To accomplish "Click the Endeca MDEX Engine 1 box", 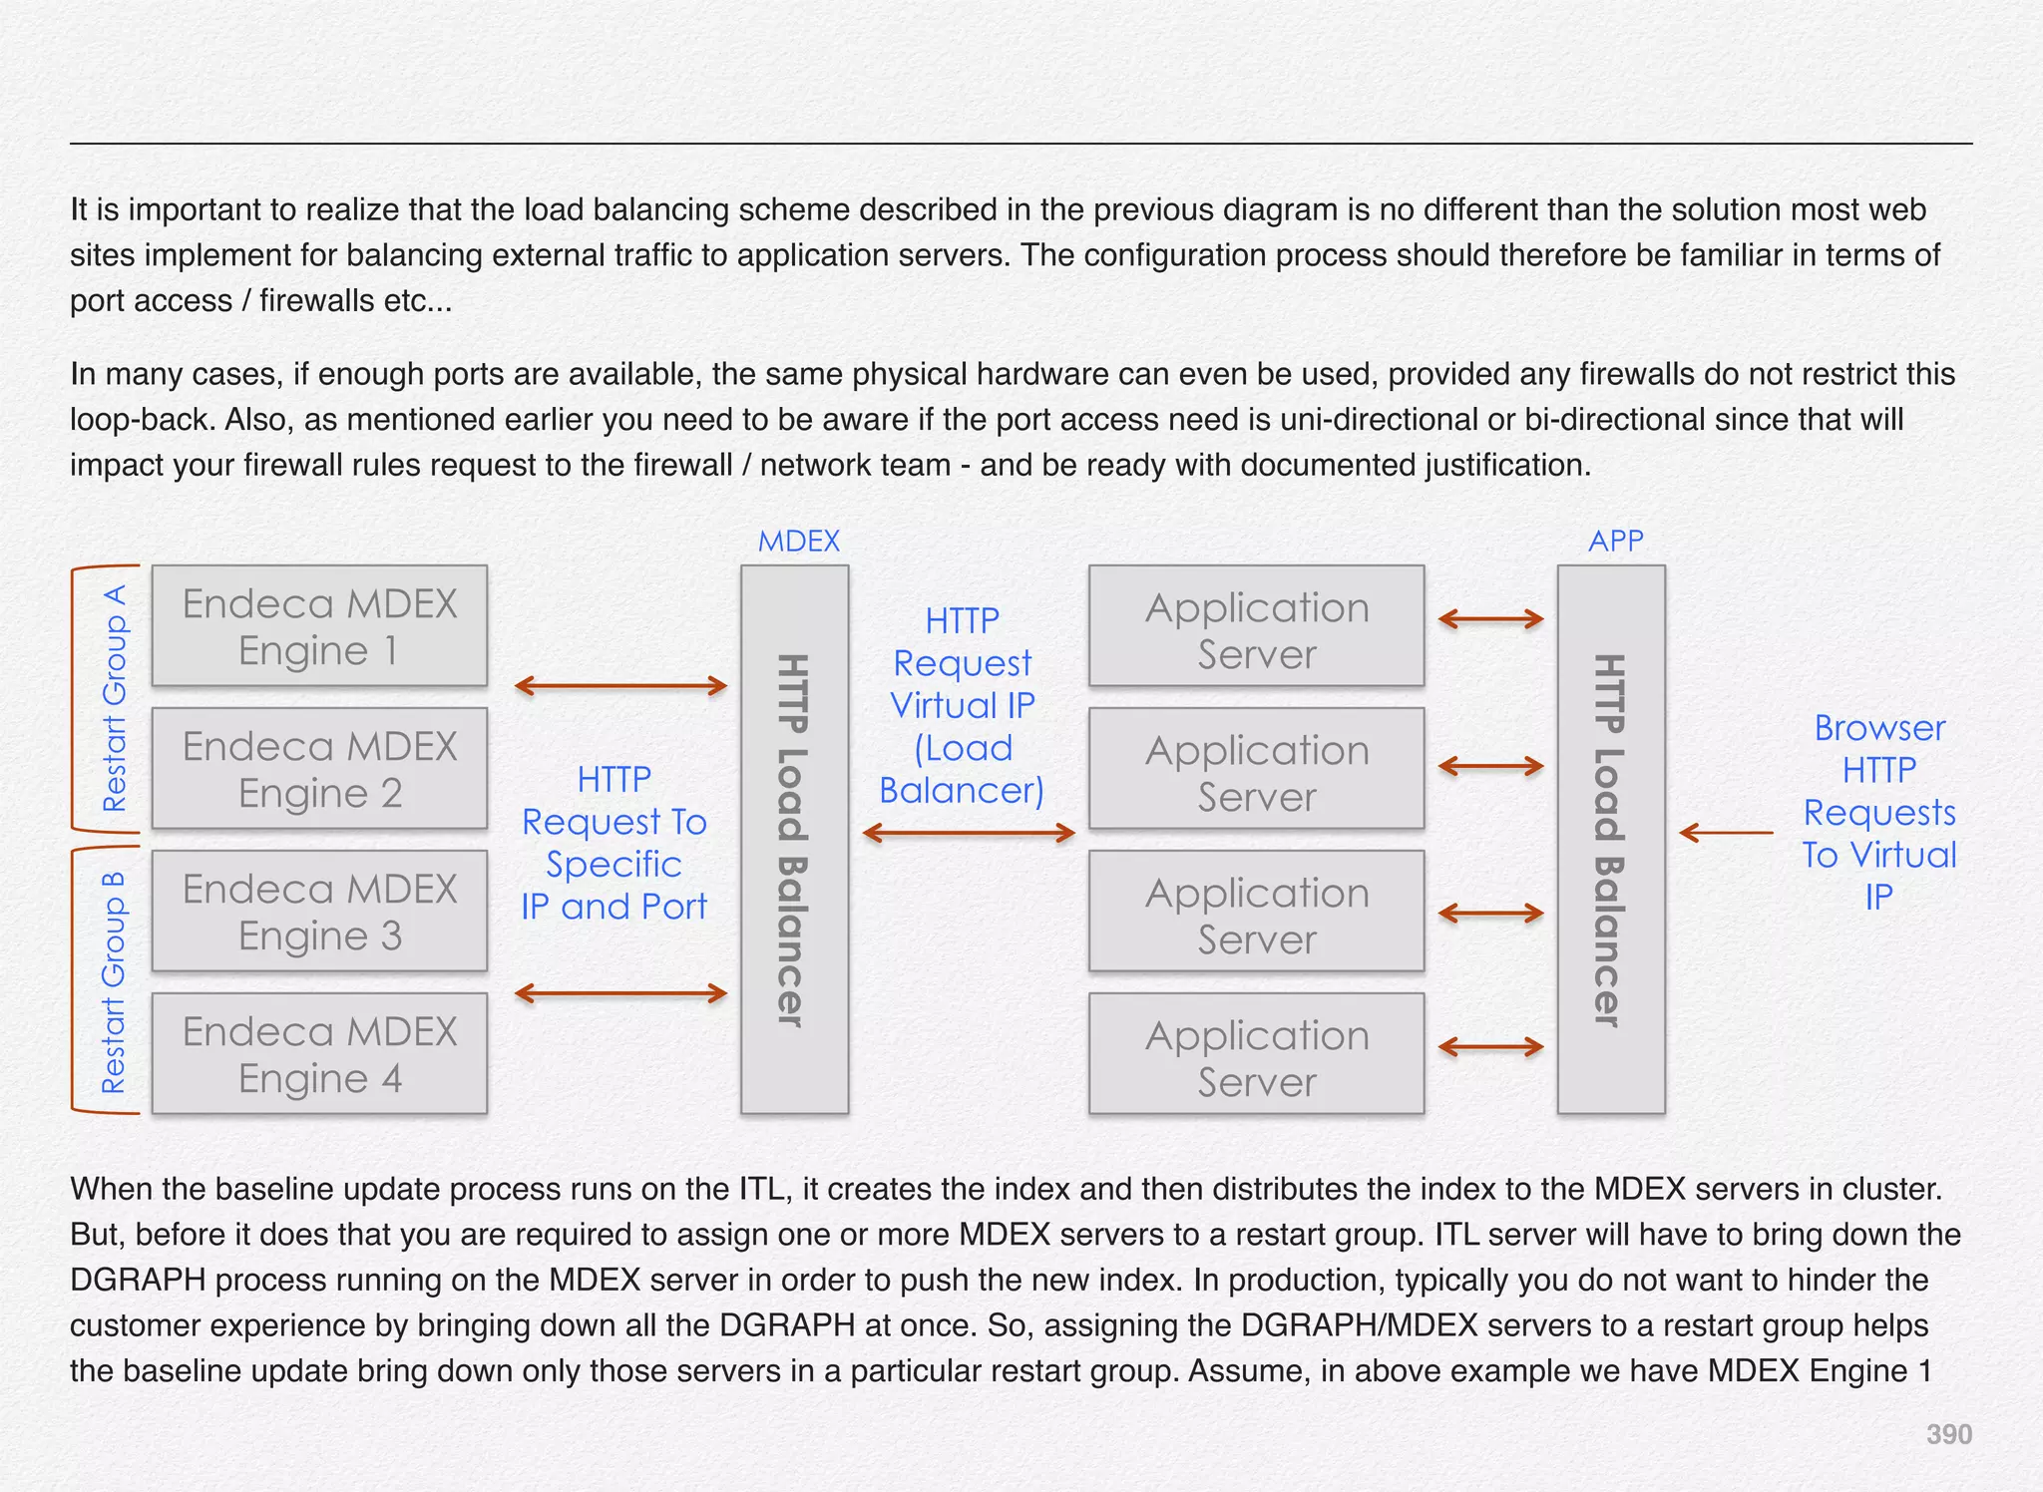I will (x=319, y=626).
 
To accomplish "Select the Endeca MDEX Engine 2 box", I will (x=319, y=769).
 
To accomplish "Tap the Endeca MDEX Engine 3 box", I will (x=319, y=912).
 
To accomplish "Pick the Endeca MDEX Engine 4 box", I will (x=319, y=1054).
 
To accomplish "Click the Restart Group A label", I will (x=115, y=698).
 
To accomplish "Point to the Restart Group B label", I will (x=114, y=982).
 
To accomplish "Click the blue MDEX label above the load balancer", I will (x=798, y=542).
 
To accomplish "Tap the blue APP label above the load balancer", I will (x=1615, y=542).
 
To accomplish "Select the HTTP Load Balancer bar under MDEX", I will (x=794, y=840).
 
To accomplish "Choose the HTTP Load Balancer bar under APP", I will (x=1611, y=840).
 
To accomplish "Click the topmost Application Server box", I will (x=1256, y=626).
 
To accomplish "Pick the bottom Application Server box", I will (x=1256, y=1054).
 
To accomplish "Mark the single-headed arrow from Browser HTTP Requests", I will (x=1726, y=832).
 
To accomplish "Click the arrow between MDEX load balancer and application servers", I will (x=969, y=833).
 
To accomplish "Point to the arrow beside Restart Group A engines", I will (x=620, y=686).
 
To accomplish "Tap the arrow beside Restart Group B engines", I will (x=620, y=993).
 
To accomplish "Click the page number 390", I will (x=1948, y=1434).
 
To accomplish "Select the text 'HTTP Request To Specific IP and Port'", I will (x=613, y=843).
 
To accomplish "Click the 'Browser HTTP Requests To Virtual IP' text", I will (x=1879, y=812).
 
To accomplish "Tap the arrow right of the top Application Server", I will (x=1491, y=619).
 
